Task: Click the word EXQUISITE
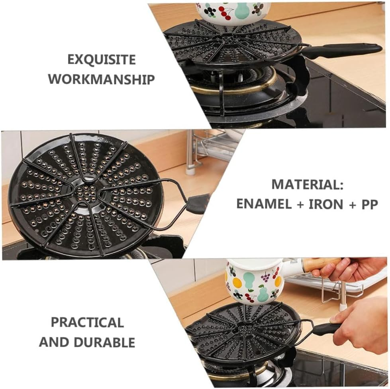pos(101,60)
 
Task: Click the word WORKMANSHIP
pos(101,79)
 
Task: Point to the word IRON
pos(326,204)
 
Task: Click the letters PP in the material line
pos(369,204)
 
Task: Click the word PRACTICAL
pos(87,322)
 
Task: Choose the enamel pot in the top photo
pos(233,12)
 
